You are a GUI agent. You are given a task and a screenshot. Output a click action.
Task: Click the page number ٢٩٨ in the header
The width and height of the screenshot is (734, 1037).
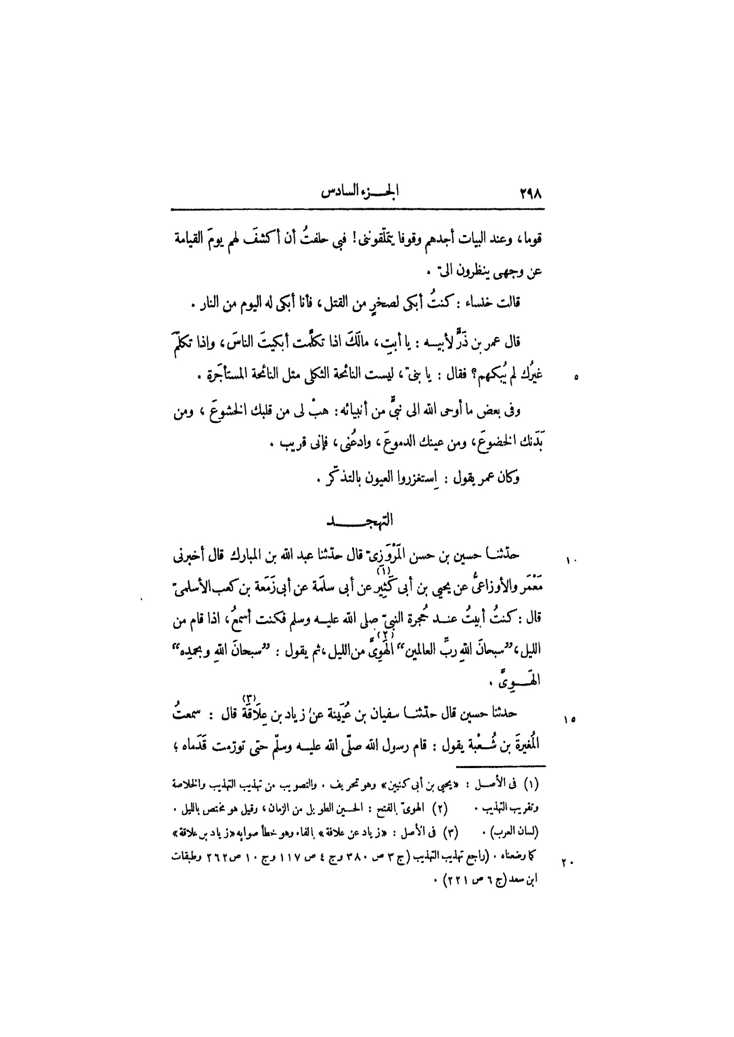click(x=530, y=194)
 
